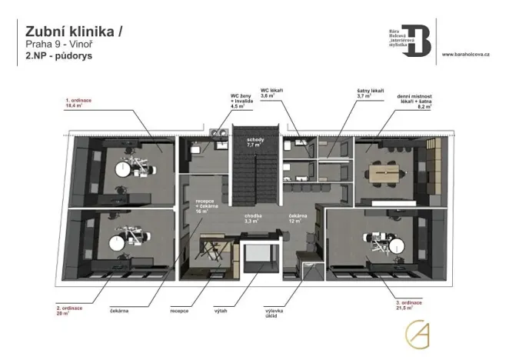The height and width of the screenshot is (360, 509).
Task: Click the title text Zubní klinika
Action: click(x=73, y=31)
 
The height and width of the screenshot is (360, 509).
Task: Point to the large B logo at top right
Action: click(x=419, y=37)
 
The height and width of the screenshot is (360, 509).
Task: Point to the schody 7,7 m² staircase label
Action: click(x=256, y=142)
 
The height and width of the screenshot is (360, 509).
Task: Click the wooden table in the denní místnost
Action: click(x=383, y=174)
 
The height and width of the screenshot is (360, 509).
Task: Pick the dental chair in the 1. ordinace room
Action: click(x=126, y=167)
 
